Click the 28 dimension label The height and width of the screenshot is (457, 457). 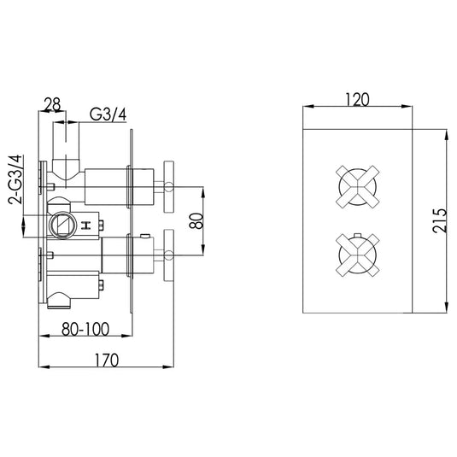(x=52, y=104)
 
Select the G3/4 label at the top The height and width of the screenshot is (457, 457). (x=108, y=114)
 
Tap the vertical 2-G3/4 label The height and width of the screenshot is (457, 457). (x=15, y=179)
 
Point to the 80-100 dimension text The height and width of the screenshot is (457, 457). (x=85, y=329)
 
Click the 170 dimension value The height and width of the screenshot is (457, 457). (x=107, y=360)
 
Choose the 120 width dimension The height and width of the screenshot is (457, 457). (x=357, y=100)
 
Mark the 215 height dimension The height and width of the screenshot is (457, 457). (x=440, y=220)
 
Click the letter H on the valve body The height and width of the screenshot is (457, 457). (x=86, y=226)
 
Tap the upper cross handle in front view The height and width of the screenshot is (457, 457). (x=358, y=187)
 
